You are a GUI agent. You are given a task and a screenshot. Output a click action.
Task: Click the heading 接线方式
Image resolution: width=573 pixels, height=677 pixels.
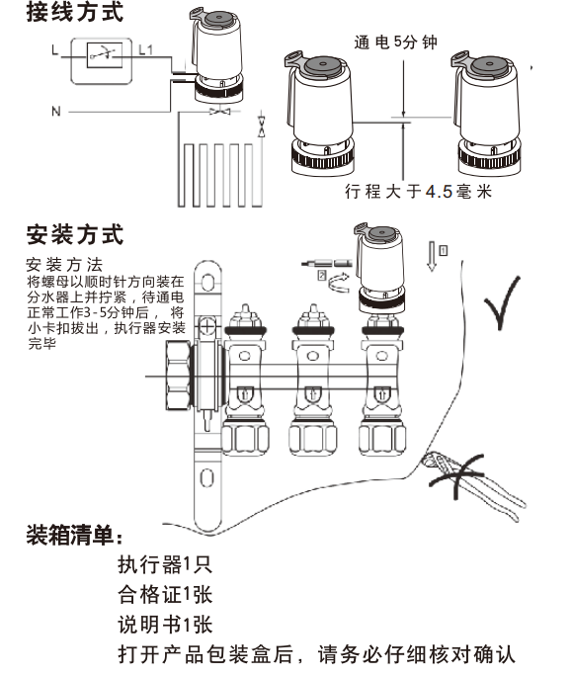coord(75,11)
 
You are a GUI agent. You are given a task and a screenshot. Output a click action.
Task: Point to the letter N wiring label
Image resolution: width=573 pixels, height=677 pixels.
coord(56,112)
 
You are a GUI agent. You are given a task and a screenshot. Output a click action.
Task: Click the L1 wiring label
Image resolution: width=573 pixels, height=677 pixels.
coord(146,50)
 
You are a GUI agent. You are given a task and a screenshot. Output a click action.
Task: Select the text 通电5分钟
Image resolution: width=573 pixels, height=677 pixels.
coord(395,42)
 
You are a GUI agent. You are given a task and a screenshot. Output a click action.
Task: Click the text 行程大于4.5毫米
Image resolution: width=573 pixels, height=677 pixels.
coord(418,191)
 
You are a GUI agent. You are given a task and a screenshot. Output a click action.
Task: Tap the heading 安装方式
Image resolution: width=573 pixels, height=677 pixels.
coord(75,234)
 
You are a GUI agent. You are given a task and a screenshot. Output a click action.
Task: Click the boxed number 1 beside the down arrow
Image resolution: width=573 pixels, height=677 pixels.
coord(444,250)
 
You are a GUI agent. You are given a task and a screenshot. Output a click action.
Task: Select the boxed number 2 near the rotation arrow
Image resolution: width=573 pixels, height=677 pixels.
coord(322,275)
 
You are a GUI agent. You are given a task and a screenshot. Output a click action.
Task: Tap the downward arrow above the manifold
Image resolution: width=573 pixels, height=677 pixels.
coord(432,256)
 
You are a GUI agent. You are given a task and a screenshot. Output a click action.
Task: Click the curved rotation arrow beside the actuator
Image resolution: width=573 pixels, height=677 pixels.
coord(339,283)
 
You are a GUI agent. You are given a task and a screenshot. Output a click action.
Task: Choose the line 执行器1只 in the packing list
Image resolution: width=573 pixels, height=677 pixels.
coord(165,564)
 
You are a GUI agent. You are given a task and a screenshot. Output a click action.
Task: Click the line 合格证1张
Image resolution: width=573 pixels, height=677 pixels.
coord(165,595)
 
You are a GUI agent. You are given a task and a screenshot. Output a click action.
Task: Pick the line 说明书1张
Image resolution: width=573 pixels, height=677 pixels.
coord(165,625)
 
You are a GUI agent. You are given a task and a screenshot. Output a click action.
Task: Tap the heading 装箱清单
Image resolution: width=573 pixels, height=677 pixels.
coord(75,536)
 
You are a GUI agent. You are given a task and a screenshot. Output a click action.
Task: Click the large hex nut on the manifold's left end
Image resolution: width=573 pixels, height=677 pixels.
coord(178,376)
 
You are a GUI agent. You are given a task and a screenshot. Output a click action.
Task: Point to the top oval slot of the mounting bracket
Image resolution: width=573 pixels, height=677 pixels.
coord(207,283)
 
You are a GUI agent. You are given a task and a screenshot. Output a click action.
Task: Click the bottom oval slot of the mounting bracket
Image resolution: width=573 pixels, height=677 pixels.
coord(207,478)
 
